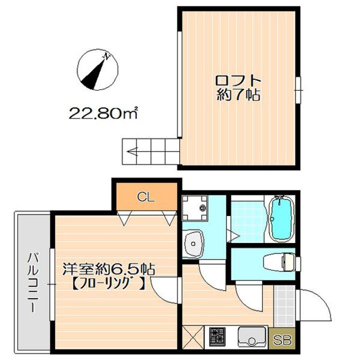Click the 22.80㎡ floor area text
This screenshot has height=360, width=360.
(x=103, y=113)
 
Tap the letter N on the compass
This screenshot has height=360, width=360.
(x=107, y=56)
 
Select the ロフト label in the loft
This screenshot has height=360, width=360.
(x=238, y=80)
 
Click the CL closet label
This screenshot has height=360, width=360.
(x=146, y=197)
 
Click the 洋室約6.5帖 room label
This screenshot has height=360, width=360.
(x=109, y=269)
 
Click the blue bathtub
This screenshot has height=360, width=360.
(x=281, y=219)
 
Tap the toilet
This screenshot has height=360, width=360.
(x=279, y=262)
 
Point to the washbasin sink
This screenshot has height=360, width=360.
(x=194, y=243)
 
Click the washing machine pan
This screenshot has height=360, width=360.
(x=194, y=208)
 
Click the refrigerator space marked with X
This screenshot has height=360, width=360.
(x=193, y=337)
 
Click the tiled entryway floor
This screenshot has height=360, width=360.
(x=284, y=306)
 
